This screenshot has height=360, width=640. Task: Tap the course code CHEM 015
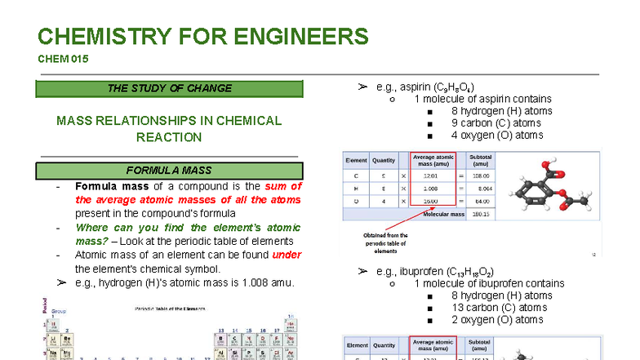pos(63,59)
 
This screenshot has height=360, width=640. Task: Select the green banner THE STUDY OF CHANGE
pos(169,88)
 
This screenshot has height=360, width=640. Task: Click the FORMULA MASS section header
pos(169,171)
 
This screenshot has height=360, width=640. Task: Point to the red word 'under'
pos(287,256)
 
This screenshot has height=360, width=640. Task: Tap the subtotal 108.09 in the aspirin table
pos(481,176)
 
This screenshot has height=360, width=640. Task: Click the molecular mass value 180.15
pos(481,214)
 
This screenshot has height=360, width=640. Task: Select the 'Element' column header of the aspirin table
pos(357,159)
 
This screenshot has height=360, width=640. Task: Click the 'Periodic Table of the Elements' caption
pos(171,309)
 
